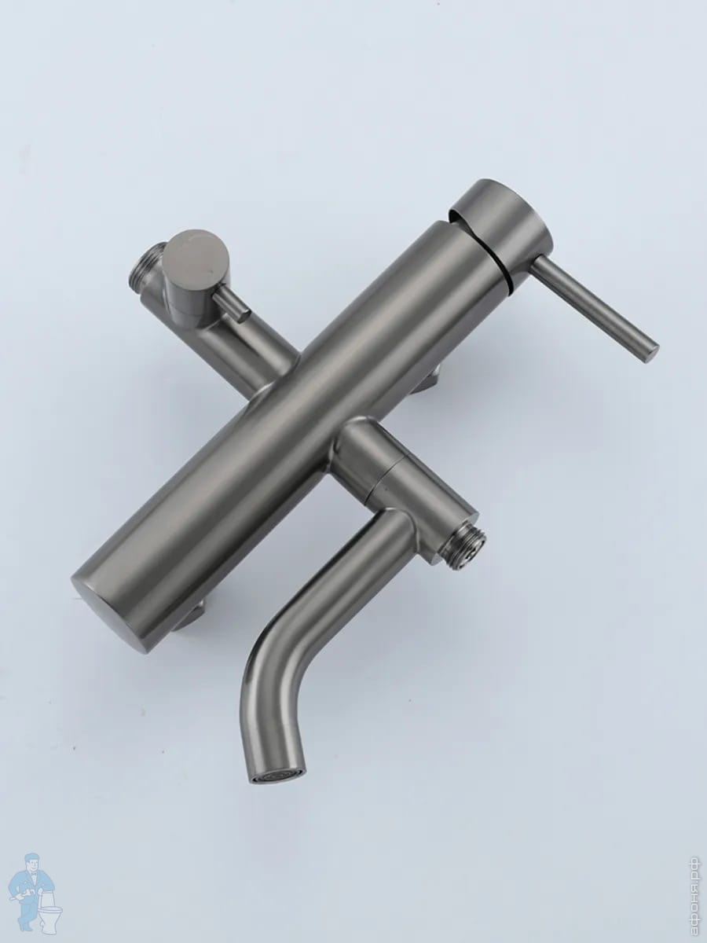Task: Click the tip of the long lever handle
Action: point(649,351)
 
